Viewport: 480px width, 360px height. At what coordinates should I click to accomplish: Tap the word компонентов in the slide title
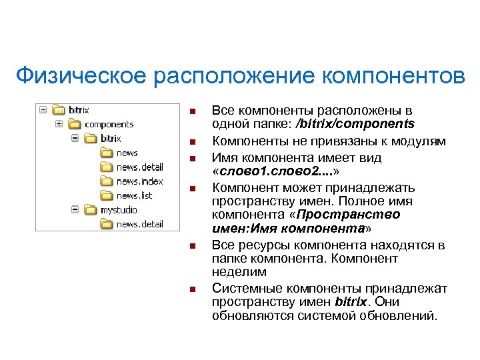tap(393, 76)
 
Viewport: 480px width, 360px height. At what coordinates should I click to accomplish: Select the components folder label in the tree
tap(109, 124)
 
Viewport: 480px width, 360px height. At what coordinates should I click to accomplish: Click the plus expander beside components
tap(60, 124)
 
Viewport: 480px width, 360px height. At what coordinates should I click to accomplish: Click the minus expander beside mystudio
tap(75, 210)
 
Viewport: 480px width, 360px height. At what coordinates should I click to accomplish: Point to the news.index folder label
tap(139, 181)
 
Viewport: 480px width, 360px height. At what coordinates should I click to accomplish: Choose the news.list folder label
tap(134, 195)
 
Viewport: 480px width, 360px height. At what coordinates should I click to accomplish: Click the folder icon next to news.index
tap(107, 181)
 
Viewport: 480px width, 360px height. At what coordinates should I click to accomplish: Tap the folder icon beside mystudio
tap(91, 210)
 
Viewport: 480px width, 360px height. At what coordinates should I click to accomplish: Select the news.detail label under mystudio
tap(139, 224)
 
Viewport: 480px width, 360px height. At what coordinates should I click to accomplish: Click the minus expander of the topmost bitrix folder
tap(43, 109)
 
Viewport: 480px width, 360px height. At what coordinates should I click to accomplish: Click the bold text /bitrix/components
tap(358, 123)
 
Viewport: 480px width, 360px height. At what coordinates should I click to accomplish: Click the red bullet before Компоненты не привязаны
tap(192, 142)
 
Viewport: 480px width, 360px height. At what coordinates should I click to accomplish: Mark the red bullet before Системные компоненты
tap(192, 289)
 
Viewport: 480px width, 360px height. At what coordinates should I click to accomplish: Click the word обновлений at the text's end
tap(402, 315)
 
